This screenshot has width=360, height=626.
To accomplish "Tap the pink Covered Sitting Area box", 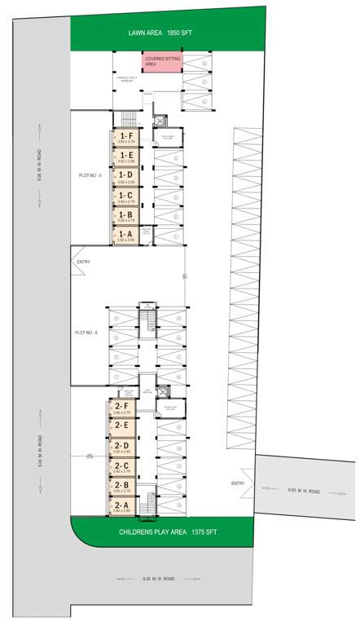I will click(162, 62).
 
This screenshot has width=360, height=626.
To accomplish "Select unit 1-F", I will click(125, 138).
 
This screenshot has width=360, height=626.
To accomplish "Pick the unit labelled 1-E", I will click(125, 156).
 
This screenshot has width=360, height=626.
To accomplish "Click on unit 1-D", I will click(125, 176).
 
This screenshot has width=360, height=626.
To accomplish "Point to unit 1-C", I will click(125, 196).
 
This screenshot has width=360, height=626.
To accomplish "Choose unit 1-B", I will click(125, 216).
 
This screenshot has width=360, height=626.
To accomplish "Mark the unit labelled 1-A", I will click(125, 236).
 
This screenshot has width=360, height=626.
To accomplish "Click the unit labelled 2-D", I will click(123, 447).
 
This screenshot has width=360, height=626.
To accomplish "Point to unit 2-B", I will click(123, 487).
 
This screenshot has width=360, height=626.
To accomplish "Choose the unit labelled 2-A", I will click(123, 506).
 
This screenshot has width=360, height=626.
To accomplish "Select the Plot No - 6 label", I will click(86, 333).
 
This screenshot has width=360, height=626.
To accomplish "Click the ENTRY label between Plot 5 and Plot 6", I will click(83, 262).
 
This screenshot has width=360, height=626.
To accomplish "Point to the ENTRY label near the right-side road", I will click(238, 483).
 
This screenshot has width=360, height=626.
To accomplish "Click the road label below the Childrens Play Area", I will click(158, 579).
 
